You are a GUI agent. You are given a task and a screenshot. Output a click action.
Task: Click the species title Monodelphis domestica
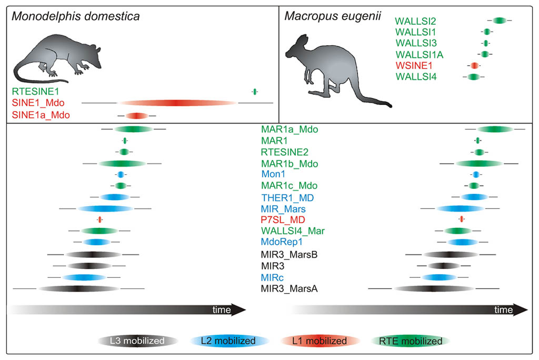pos(76,16)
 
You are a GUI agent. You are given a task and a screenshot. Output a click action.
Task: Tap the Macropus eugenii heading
pos(333,16)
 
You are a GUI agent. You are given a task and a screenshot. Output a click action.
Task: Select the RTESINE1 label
pos(35,92)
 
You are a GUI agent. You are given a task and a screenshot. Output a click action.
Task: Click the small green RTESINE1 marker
pos(255,92)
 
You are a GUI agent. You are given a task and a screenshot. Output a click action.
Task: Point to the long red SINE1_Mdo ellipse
pos(177,103)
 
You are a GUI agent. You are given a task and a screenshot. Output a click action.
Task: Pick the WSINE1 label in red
pos(414,66)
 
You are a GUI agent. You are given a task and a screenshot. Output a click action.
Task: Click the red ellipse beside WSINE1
pos(474,65)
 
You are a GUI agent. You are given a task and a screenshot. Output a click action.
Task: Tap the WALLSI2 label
pos(415,22)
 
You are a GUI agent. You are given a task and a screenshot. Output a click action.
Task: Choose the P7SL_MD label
pos(283,219)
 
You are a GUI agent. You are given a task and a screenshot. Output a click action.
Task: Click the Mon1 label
pos(273,174)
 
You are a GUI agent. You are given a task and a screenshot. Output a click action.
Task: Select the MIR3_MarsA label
pos(289,288)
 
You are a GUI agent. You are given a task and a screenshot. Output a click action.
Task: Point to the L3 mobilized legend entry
pos(137,341)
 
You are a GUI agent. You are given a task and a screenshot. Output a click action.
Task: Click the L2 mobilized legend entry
pos(229,341)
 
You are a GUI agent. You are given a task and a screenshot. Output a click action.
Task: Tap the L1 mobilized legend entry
pos(320,341)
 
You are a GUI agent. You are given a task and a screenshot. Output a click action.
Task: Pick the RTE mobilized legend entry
pos(411,341)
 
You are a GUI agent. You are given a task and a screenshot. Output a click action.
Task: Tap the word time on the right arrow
pos(503,310)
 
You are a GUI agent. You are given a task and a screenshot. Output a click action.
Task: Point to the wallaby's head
pos(297,47)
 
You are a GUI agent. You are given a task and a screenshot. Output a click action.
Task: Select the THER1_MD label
pos(287,198)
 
